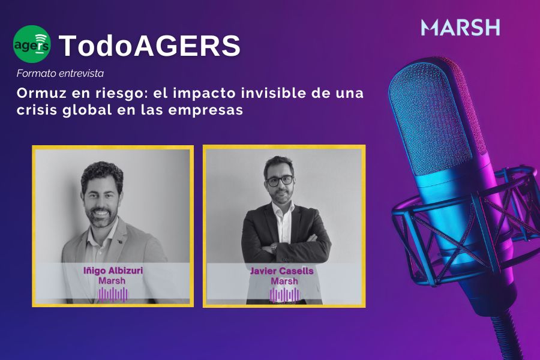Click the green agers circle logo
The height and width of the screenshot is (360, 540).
tap(32, 44)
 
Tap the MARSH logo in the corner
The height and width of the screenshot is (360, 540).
tap(460, 28)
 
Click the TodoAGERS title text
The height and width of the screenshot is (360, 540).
tap(149, 46)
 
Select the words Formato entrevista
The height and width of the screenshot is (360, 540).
tap(60, 73)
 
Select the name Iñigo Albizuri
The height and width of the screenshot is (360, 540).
tap(113, 271)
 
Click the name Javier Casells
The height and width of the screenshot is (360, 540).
tap(282, 271)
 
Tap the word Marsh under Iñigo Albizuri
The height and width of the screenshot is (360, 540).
tap(112, 281)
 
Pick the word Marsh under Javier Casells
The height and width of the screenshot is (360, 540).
tap(284, 281)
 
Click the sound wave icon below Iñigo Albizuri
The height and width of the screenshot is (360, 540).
tap(113, 295)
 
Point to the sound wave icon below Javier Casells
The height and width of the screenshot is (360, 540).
tap(284, 295)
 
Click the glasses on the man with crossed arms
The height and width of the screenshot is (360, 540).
tap(280, 181)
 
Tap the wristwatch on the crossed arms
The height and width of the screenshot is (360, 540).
tap(274, 247)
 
